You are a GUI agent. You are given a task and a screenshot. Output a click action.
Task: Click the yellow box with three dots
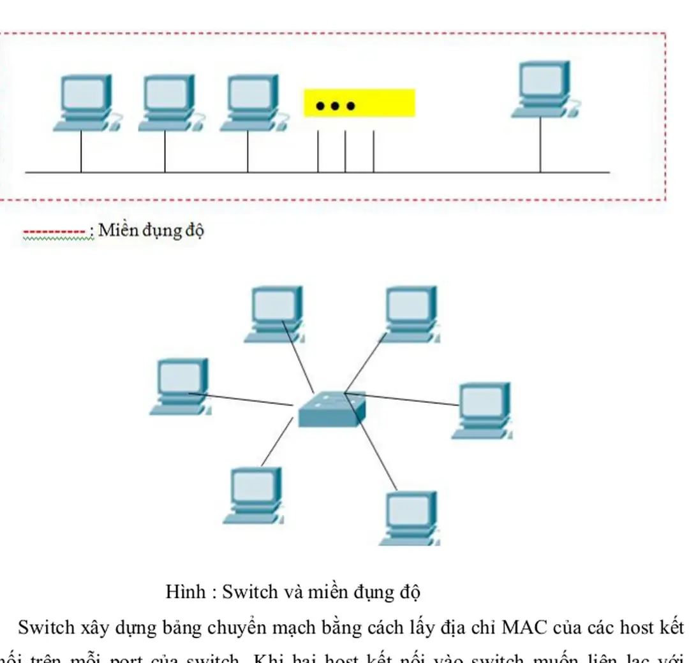359,103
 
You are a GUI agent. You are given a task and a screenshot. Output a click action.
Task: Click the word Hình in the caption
184,592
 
